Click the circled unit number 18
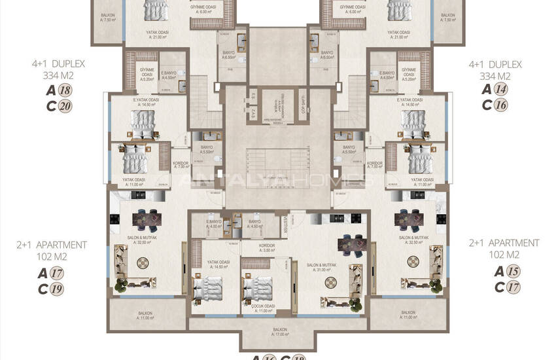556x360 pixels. click(64, 91)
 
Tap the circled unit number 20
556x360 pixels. click(64, 106)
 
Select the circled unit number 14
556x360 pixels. click(501, 91)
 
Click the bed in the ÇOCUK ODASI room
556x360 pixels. click(258, 285)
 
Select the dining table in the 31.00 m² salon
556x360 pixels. click(351, 244)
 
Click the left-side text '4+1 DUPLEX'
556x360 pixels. click(58, 64)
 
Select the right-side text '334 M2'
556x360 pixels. click(495, 76)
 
